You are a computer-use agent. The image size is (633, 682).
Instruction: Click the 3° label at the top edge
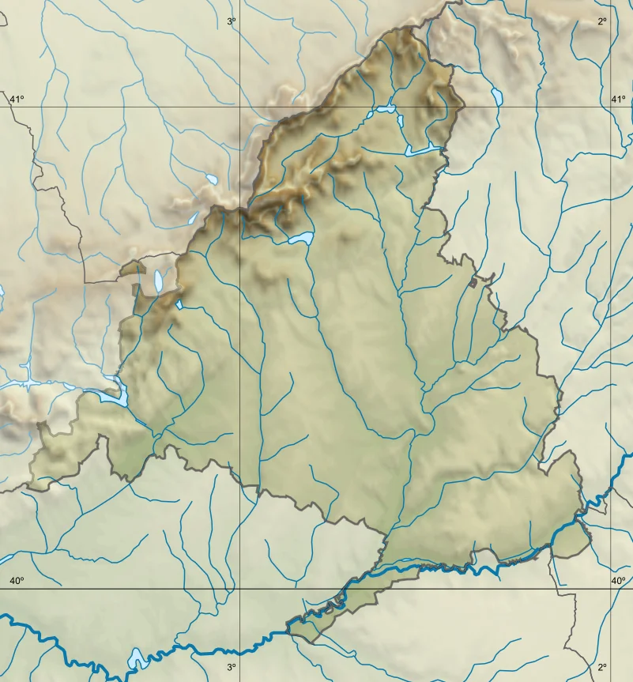point(232,22)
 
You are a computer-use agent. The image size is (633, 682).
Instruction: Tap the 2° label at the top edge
point(602,22)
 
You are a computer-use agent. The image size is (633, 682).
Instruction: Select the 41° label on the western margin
point(17,99)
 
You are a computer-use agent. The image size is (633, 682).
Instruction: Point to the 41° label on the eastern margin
point(618,99)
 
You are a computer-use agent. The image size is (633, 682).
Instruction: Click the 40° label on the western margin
point(17,582)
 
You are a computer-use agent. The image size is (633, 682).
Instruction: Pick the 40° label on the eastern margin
point(618,582)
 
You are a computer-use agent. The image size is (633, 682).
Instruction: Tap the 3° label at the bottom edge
point(232,668)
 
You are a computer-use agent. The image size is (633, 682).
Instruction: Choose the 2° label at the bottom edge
point(602,668)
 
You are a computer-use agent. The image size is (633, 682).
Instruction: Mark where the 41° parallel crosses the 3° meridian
point(240,107)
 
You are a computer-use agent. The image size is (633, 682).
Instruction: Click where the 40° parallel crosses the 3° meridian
point(240,589)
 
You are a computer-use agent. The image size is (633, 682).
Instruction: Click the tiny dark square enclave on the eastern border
point(473,282)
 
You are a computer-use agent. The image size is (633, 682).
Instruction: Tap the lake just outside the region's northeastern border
point(497,97)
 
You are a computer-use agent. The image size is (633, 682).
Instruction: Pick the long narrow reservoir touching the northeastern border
point(422,149)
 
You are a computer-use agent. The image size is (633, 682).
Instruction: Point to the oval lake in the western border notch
point(159,280)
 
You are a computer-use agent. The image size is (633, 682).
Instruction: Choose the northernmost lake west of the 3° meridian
point(211,179)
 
